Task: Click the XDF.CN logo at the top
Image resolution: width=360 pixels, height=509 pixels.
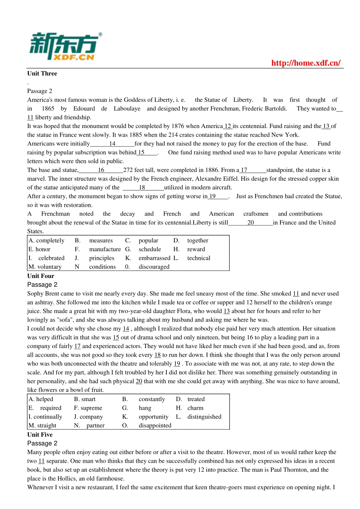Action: pos(64,47)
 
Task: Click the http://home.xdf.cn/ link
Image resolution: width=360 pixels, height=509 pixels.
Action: pos(306,63)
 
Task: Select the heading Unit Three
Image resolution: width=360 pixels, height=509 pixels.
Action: pos(42,73)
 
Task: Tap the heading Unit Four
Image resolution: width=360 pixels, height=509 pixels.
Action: pos(41,276)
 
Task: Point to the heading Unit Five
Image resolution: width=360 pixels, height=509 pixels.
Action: pos(40,435)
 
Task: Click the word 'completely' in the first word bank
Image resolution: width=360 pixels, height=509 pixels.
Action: pos(50,240)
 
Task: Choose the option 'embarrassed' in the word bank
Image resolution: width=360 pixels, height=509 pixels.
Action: pos(154,258)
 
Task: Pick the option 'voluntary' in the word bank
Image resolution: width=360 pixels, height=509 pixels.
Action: pos(49,267)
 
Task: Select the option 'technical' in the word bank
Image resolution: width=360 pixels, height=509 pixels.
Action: pos(199,258)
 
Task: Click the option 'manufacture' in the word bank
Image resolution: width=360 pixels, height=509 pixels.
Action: pos(105,249)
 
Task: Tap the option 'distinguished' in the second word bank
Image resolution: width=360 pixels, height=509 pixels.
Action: pos(204,417)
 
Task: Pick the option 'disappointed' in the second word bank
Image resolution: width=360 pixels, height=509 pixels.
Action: pos(155,425)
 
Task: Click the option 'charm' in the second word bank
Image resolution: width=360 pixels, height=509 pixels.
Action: pos(195,408)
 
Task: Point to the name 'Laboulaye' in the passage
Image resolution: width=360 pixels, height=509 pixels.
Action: pos(127,109)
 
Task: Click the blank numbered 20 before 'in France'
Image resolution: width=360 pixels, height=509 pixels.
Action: pos(250,223)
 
